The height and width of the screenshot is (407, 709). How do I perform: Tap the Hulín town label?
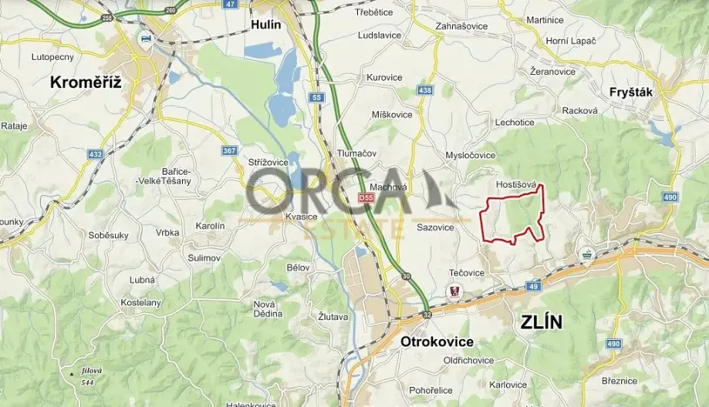pyautogui.click(x=266, y=24)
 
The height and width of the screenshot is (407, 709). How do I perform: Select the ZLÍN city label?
pyautogui.click(x=541, y=322)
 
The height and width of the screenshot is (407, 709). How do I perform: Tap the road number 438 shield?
pyautogui.click(x=425, y=90)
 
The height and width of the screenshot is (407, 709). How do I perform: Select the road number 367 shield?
pyautogui.click(x=230, y=151)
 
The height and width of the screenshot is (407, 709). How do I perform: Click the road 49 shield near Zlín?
pyautogui.click(x=533, y=284)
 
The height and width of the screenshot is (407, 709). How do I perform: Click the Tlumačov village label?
pyautogui.click(x=356, y=153)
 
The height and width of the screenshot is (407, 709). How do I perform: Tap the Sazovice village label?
pyautogui.click(x=436, y=227)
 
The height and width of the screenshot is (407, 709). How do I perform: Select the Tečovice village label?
pyautogui.click(x=467, y=272)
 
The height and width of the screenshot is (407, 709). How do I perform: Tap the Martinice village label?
pyautogui.click(x=544, y=19)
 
